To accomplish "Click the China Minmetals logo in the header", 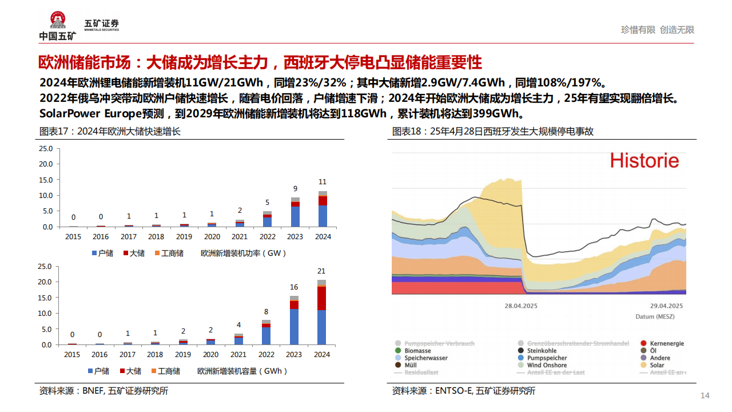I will coord(57,26).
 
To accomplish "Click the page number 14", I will coord(705,396).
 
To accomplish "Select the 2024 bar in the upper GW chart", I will coord(323,209).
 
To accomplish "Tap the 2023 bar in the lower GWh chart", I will coord(295,320).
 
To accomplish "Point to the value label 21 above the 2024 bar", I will coord(322,271).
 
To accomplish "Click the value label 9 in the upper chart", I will coord(295,188).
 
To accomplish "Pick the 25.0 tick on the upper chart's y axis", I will coord(45,149).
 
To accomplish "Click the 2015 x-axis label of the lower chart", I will coord(73,355).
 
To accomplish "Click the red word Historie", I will coord(645,161).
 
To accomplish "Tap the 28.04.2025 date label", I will coord(520,306).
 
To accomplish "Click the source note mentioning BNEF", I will coord(104,391).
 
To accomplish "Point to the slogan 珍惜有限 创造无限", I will coord(658,30).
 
